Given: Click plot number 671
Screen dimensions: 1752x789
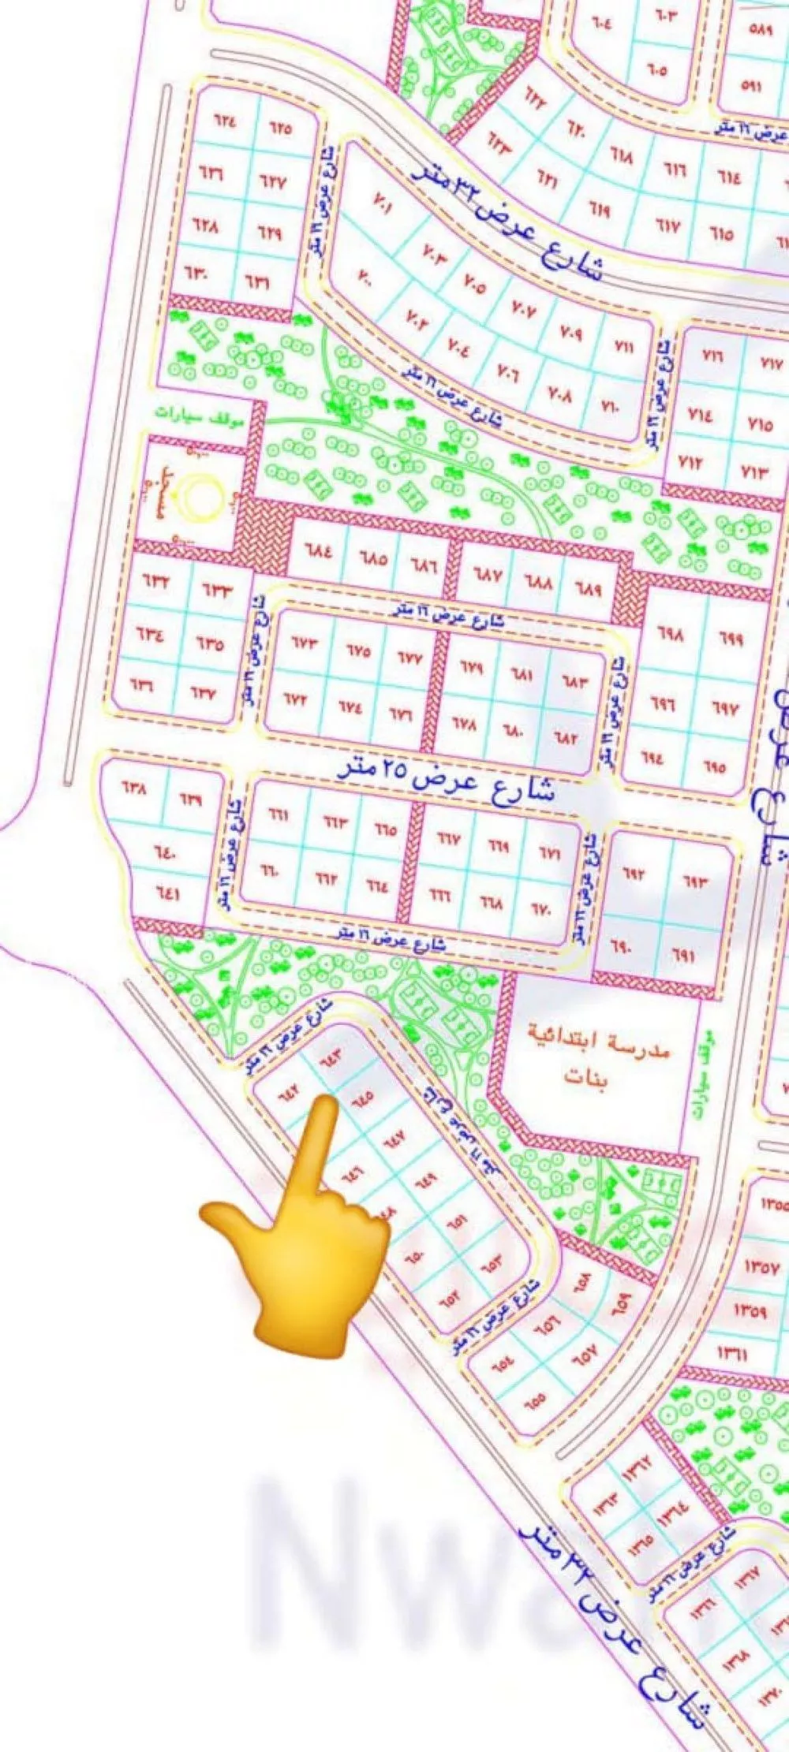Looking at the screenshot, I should tap(550, 854).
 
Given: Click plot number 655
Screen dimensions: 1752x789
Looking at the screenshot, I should tap(534, 1399).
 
